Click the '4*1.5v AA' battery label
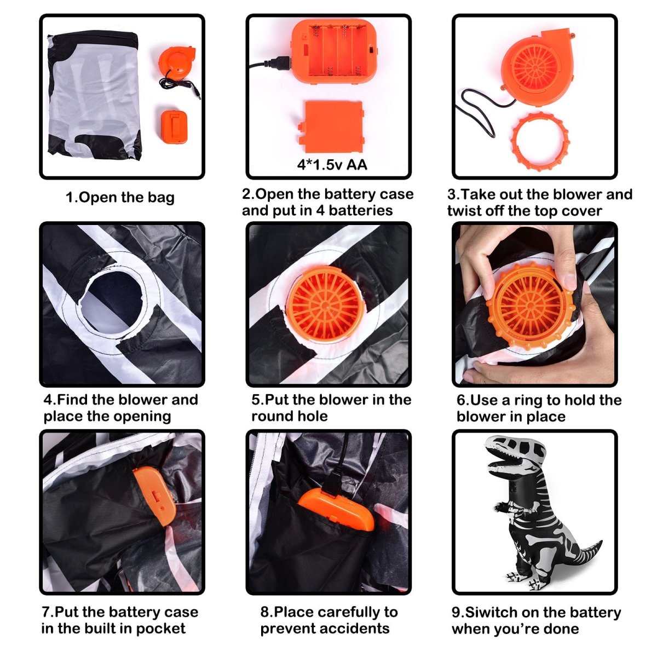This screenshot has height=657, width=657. click(332, 165)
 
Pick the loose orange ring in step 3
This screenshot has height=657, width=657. click(540, 139)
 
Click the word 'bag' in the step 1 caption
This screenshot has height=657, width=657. click(160, 198)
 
